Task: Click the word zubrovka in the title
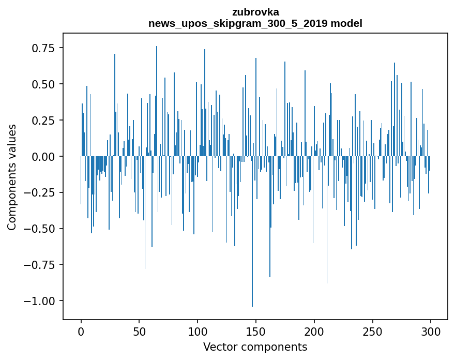coord(255,12)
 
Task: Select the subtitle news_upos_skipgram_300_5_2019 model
coord(255,23)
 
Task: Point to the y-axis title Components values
coord(11,177)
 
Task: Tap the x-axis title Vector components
coord(255,347)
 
